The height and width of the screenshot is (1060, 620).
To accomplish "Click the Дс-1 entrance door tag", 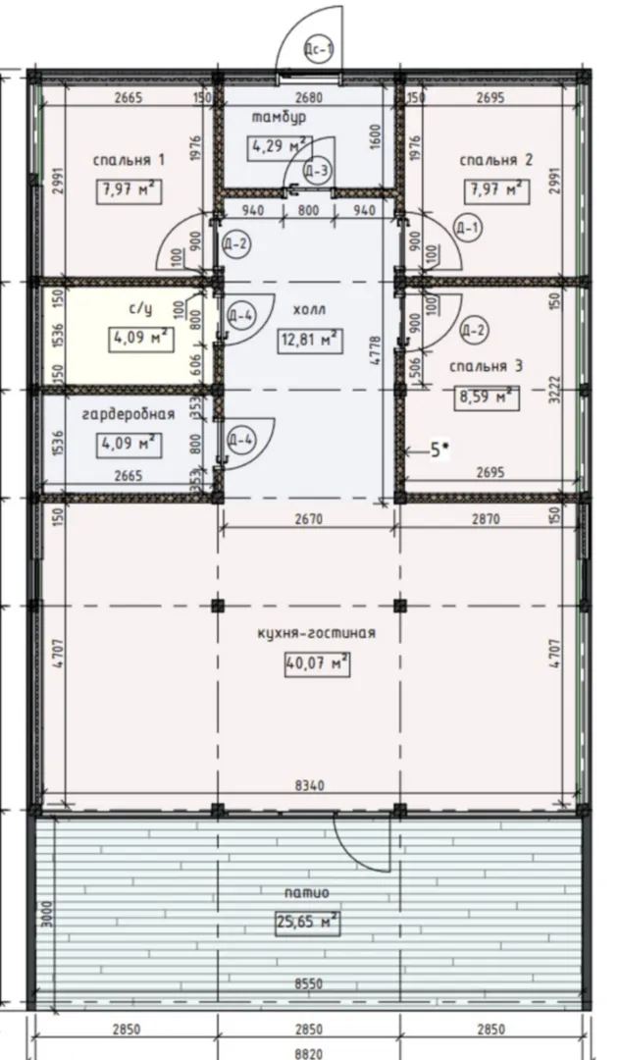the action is pos(319,49).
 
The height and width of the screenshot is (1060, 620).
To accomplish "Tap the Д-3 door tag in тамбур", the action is pos(317,171).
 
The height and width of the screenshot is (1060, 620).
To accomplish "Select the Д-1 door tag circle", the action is pos(467,228).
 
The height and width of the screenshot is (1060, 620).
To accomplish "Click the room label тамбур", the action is pos(279,118).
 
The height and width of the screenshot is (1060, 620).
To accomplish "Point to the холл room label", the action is pos(309,310).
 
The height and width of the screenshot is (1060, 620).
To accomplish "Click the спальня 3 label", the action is pos(487,366).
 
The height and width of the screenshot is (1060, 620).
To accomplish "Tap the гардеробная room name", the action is pos(129,414).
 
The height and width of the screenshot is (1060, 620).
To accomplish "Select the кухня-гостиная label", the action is pos(316,633).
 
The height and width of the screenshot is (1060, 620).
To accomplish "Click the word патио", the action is pos(307,893).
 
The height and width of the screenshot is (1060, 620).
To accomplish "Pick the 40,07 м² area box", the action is pos(317,664).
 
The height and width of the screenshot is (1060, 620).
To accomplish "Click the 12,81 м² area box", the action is pos(310,341).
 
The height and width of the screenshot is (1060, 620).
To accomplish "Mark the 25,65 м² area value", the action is pos(307,922).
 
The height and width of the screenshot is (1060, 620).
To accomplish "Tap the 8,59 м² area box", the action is pos(488,397).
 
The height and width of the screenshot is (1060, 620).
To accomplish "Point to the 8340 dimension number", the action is pos(310,786).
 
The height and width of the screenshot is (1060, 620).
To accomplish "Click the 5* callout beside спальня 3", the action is pos(439,450).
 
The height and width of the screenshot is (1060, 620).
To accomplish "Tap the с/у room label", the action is pos(142,309).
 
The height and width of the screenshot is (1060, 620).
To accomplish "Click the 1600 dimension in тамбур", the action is pos(377,137).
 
